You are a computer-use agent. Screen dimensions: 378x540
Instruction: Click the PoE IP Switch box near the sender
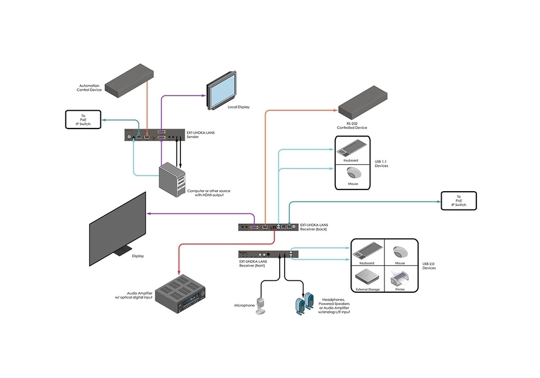(x=84, y=119)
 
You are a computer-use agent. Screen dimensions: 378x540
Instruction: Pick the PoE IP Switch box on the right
(x=460, y=201)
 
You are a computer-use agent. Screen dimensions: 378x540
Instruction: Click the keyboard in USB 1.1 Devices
(x=354, y=147)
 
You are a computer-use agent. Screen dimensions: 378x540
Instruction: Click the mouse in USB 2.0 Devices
(x=400, y=253)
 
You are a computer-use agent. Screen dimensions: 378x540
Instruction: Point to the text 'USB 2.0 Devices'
(x=429, y=266)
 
